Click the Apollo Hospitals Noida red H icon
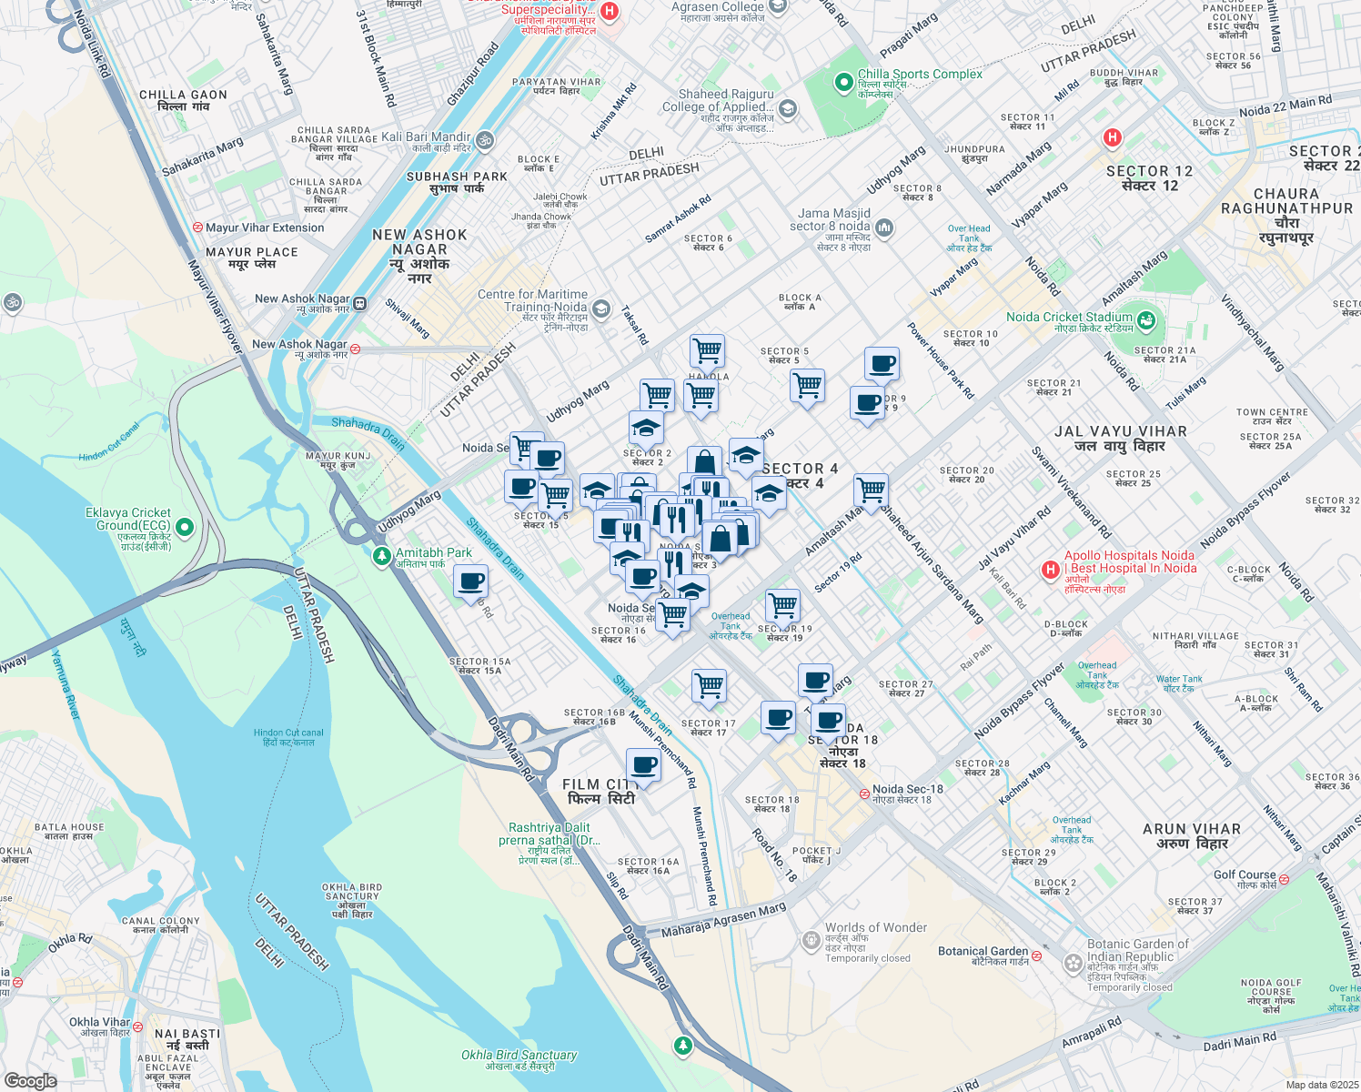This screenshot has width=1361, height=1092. [1051, 570]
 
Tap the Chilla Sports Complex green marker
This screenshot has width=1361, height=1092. [843, 83]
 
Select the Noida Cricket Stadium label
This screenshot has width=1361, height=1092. [1069, 317]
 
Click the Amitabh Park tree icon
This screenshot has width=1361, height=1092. [382, 555]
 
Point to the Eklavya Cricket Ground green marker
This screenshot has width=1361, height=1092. [185, 527]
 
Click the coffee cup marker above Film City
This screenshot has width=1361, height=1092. [643, 766]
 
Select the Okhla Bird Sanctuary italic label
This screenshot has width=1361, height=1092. [519, 1055]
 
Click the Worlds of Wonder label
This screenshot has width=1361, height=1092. [875, 927]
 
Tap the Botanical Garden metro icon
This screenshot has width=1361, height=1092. [1036, 955]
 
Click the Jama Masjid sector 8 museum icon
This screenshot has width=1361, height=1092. [884, 227]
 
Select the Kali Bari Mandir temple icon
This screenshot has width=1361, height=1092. [485, 140]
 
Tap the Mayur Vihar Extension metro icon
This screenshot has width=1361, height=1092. [197, 227]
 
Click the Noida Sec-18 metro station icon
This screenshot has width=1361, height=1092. [864, 794]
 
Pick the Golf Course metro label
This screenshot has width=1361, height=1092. [1244, 875]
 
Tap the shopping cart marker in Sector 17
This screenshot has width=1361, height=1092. [709, 686]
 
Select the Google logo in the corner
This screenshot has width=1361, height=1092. [30, 1080]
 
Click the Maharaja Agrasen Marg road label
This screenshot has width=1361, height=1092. [723, 920]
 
